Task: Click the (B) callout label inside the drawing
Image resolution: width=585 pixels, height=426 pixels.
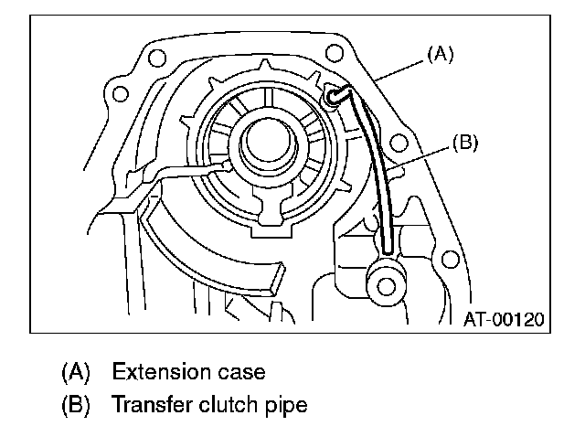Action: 465,143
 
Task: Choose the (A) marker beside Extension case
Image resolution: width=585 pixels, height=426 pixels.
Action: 77,372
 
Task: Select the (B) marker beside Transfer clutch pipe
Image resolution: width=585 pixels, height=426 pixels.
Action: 77,402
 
